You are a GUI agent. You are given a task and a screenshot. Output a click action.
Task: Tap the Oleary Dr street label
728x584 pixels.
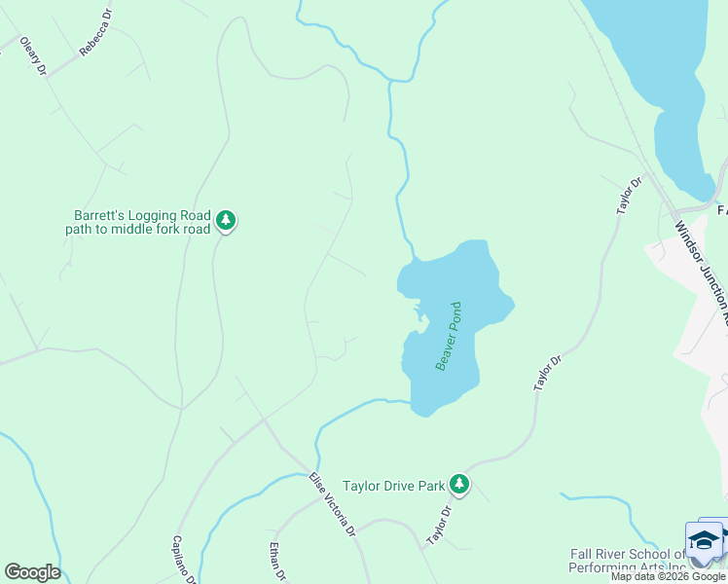[34, 57]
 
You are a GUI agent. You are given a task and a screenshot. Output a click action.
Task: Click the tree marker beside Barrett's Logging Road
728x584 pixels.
[226, 222]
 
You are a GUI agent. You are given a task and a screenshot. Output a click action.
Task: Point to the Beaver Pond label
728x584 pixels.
[448, 336]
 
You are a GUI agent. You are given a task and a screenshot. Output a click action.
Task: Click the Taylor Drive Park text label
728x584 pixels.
[393, 485]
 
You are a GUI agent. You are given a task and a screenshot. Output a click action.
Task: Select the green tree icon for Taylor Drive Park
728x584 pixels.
[459, 484]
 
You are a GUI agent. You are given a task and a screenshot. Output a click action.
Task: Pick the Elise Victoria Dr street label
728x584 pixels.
[332, 506]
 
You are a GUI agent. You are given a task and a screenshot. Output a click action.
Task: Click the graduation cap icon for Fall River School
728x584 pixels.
[704, 538]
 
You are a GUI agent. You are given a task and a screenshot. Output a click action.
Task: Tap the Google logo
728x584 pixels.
[32, 572]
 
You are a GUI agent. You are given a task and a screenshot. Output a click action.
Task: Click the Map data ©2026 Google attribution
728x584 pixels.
[668, 576]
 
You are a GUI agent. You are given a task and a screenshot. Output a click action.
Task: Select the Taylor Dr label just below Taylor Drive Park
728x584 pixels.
[440, 526]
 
